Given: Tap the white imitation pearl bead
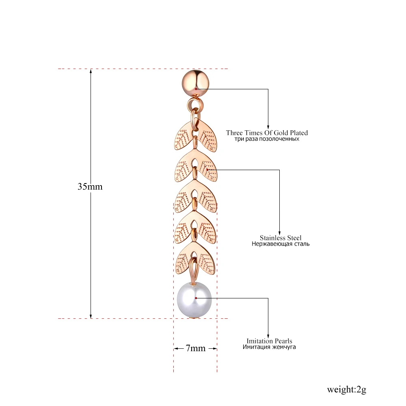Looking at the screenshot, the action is [195, 299].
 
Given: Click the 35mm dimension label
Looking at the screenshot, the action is [90, 187].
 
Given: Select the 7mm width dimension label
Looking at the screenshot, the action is [195, 348].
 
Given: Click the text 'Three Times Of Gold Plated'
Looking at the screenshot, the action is [267, 133].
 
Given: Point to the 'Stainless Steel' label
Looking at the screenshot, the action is [281, 238].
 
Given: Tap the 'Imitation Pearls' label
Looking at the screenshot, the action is [269, 341].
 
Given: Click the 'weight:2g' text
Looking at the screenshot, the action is [346, 390].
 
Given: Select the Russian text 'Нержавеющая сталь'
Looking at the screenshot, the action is [280, 244].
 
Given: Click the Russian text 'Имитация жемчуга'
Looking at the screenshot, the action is [269, 347].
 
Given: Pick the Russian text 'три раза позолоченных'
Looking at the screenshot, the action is [267, 139].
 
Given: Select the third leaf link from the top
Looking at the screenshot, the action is [196, 198].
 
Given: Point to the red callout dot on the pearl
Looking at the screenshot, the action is [196, 298].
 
